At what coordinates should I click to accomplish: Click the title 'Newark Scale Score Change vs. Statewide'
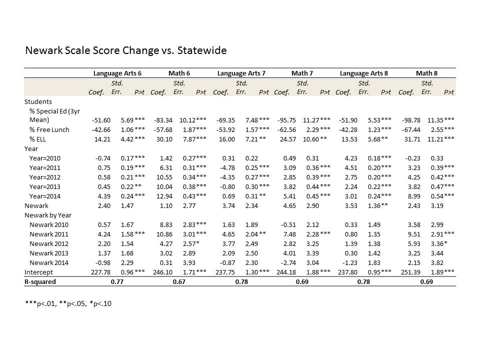pos(125,50)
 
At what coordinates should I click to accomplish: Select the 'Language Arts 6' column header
pos(117,73)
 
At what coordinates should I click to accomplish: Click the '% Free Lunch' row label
pos(49,130)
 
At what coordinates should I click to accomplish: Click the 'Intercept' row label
pos(38,272)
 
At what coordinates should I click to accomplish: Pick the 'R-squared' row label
pos(40,281)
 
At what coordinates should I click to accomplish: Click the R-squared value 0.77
pos(116,281)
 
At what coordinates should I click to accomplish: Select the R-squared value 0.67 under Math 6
pos(179,281)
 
